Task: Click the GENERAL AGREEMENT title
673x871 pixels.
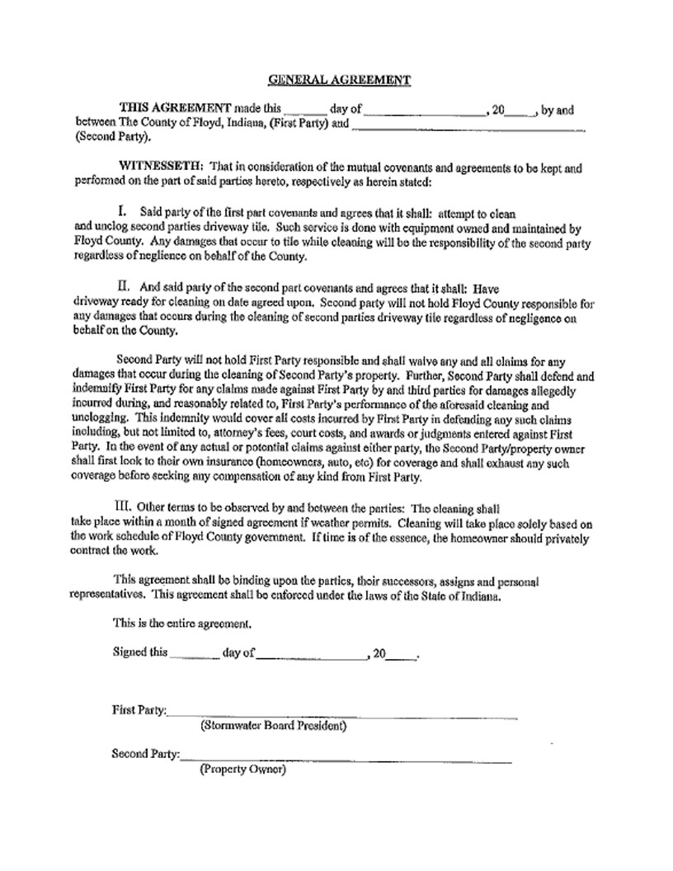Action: tap(339, 80)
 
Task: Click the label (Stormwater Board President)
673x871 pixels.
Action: tap(273, 727)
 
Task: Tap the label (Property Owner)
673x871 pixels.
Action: tap(242, 770)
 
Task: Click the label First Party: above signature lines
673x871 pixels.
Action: tap(139, 710)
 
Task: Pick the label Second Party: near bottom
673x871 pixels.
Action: tap(145, 753)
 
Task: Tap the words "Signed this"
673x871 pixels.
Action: tap(139, 652)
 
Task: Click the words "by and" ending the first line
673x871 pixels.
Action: tap(558, 110)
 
